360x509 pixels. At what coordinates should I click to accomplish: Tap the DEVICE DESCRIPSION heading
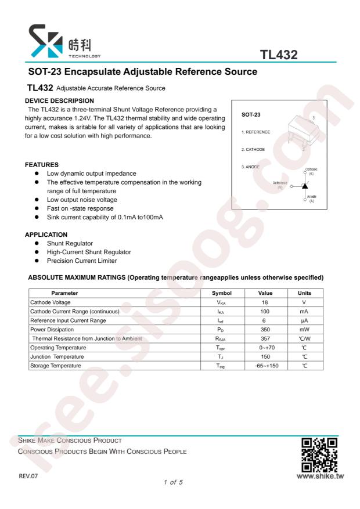pos(59,101)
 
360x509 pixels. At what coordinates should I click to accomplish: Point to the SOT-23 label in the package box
pos(251,115)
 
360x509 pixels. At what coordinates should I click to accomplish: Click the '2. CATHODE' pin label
pos(253,150)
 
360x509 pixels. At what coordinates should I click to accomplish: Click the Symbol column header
pos(222,293)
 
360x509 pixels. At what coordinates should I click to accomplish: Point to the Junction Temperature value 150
pos(265,357)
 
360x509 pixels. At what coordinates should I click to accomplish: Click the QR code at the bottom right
pos(320,454)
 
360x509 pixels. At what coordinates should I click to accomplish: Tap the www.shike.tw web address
pos(320,476)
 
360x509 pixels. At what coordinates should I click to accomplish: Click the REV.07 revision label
pos(28,476)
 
